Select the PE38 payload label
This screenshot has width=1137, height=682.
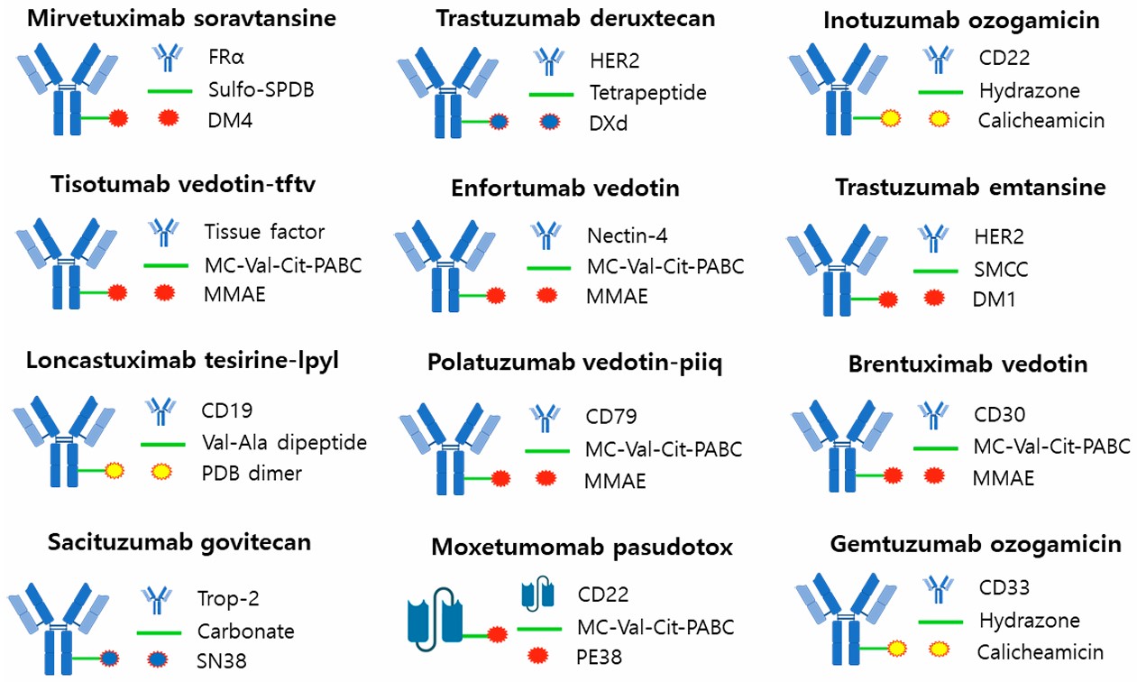[602, 656]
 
